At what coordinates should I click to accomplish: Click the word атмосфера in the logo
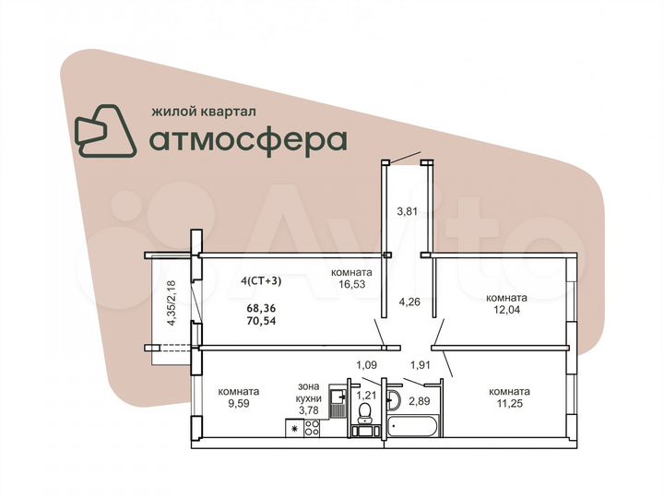tap(247, 139)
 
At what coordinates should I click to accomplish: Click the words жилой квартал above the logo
tap(203, 110)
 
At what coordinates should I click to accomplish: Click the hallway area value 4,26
tap(409, 301)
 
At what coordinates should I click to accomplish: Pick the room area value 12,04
tap(506, 311)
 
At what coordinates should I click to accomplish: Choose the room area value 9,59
tap(238, 403)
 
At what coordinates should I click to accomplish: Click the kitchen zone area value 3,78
tap(307, 410)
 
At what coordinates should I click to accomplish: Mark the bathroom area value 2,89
tap(421, 401)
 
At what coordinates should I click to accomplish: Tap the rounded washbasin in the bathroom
tap(394, 399)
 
